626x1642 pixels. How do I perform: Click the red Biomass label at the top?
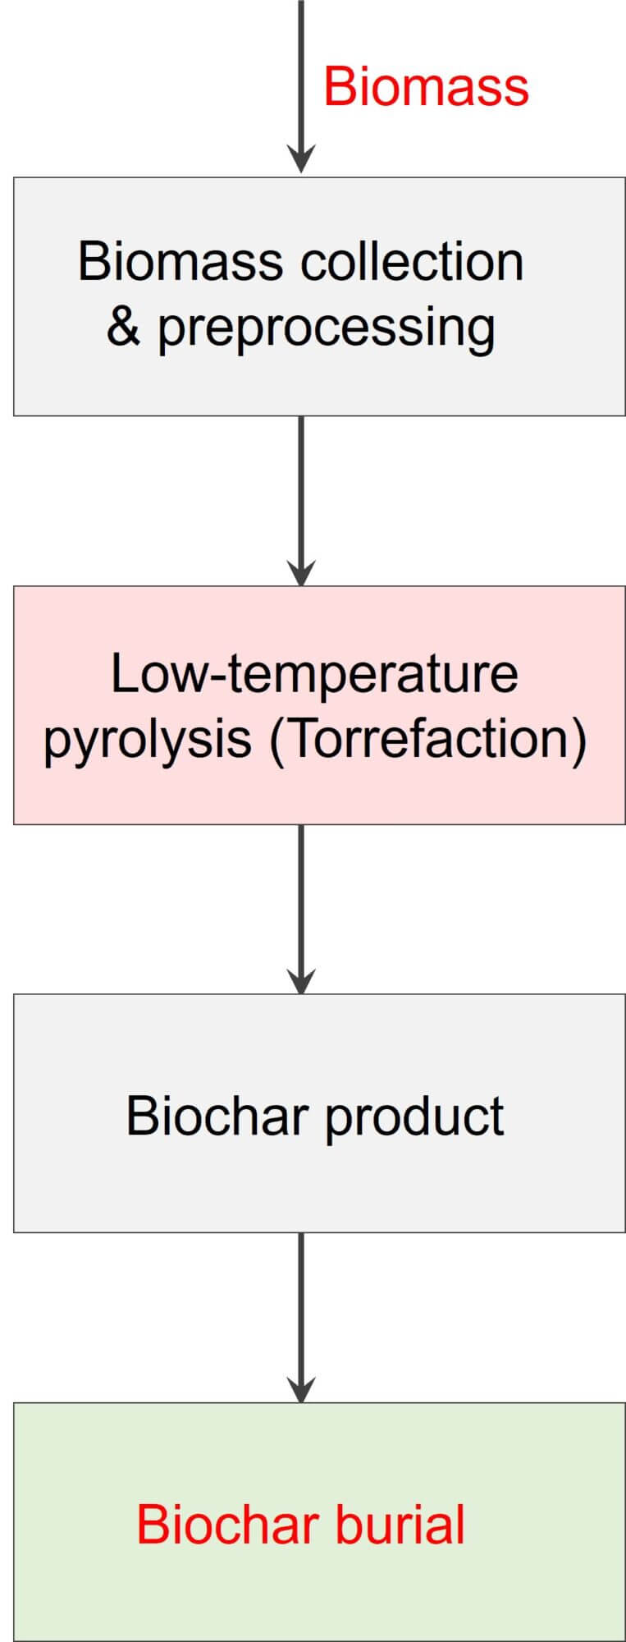tap(426, 86)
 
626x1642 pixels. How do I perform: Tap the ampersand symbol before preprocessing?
tap(123, 327)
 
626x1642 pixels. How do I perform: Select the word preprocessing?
tap(327, 329)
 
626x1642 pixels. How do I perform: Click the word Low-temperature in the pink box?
tap(313, 673)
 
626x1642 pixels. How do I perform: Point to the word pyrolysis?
tap(147, 740)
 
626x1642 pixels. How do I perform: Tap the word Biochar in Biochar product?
tap(217, 1116)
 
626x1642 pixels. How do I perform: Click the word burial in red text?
tap(399, 1525)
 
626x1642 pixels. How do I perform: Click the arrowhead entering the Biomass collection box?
tap(301, 159)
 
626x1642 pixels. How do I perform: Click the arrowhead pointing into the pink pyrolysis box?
tap(301, 571)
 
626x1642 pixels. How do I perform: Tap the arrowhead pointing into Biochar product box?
tap(301, 979)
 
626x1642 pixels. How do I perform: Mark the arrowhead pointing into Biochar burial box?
tap(301, 1388)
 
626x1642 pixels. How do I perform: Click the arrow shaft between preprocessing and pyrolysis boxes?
tap(301, 484)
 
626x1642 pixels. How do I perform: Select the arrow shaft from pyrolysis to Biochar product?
tap(301, 895)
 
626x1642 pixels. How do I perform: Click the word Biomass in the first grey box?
tap(180, 262)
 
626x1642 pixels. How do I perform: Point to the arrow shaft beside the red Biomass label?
tap(301, 74)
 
